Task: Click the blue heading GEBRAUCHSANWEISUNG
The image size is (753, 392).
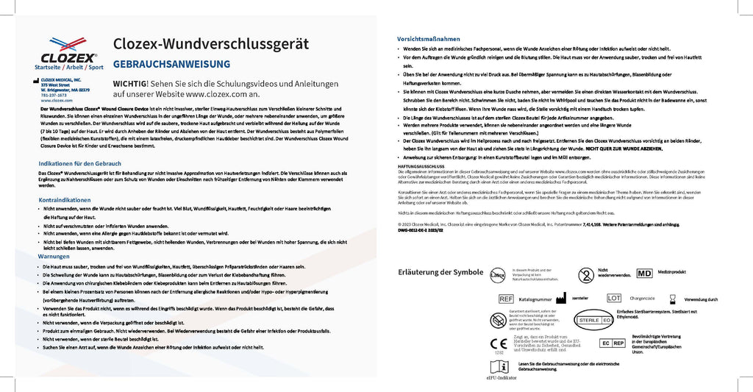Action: [x=171, y=64]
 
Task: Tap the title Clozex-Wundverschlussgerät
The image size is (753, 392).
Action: [x=210, y=43]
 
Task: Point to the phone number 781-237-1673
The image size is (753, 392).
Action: [x=53, y=94]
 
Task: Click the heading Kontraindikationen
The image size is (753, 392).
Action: [x=64, y=200]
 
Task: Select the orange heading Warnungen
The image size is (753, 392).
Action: [x=54, y=256]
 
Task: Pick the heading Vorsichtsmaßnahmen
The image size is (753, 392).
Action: [x=429, y=39]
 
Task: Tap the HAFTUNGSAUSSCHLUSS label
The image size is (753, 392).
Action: [x=421, y=166]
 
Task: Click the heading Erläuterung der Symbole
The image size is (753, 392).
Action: [x=440, y=272]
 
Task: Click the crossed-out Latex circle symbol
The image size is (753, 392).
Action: [x=499, y=274]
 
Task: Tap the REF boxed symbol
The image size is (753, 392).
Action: [x=506, y=299]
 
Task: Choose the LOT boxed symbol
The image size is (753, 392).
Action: [x=614, y=298]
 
